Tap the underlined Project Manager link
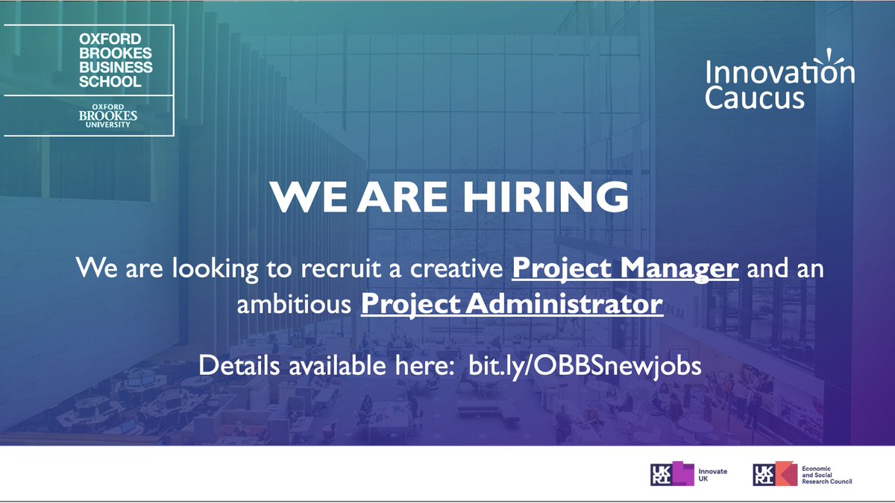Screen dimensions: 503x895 tap(625, 267)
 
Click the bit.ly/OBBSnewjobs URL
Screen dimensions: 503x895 tap(585, 367)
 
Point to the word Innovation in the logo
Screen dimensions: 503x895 tap(779, 73)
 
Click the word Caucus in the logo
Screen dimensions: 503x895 tap(755, 98)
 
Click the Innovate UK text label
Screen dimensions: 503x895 tap(712, 475)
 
